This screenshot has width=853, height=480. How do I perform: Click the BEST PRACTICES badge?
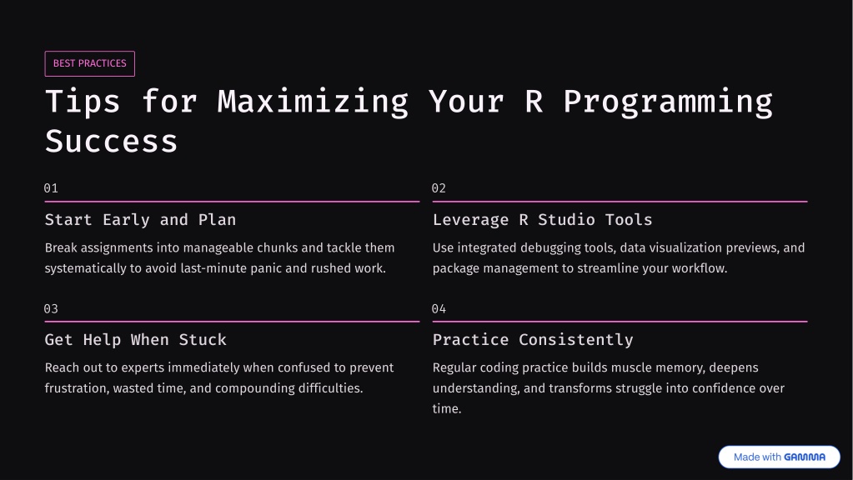pos(90,63)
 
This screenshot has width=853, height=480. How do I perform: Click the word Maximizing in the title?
pos(313,102)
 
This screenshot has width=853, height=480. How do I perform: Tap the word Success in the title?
pos(112,142)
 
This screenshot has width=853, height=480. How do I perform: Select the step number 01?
pos(51,188)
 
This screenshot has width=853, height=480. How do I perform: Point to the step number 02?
pos(439,188)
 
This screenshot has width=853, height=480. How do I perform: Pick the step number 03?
pos(51,309)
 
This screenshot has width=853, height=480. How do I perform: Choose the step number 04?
pos(439,309)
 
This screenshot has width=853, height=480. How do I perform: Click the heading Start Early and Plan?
pos(140,220)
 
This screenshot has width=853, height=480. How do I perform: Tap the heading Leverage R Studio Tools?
pos(542,220)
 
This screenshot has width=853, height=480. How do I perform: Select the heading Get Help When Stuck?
pos(135,340)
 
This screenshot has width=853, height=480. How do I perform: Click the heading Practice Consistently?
pos(533,340)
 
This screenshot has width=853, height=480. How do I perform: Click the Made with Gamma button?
pos(779,457)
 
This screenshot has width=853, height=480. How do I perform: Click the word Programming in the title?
pos(668,102)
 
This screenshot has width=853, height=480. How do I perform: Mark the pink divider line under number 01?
pos(233,201)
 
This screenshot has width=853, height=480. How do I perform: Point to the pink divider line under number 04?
pos(620,322)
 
